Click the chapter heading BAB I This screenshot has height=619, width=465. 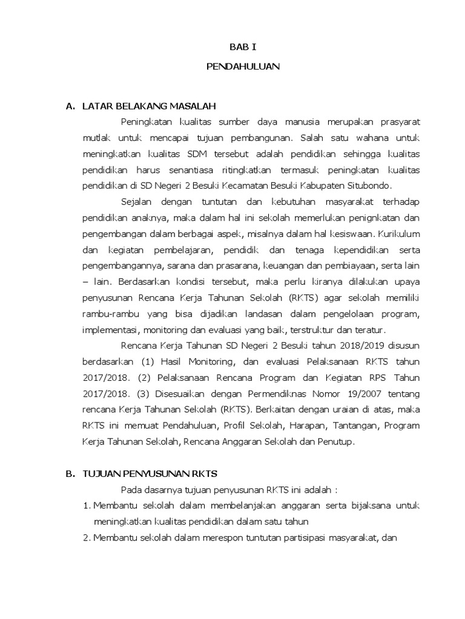pos(243,45)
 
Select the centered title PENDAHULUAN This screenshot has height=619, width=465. pos(243,66)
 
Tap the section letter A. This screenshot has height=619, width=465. pos(70,106)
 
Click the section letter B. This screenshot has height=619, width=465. pos(70,473)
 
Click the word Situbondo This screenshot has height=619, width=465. pos(370,185)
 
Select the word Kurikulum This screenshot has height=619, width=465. pos(395,233)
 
